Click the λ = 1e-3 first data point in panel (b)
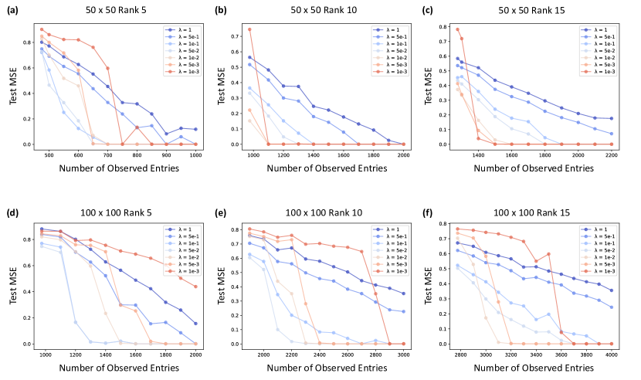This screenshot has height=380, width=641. (x=249, y=29)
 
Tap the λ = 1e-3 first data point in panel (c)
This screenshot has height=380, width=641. (x=457, y=29)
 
